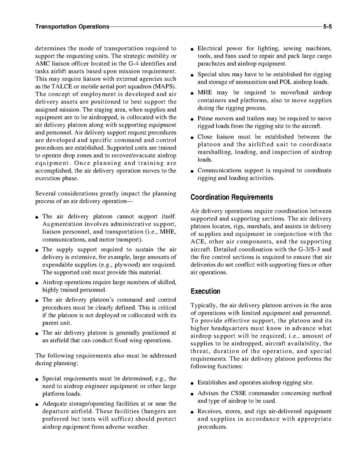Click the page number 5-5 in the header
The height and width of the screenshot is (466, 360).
(327, 27)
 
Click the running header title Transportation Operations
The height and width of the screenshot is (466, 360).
(72, 27)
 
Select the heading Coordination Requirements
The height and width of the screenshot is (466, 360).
(231, 197)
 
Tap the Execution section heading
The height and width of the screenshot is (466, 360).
(205, 291)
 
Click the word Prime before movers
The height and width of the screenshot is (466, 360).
(205, 118)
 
